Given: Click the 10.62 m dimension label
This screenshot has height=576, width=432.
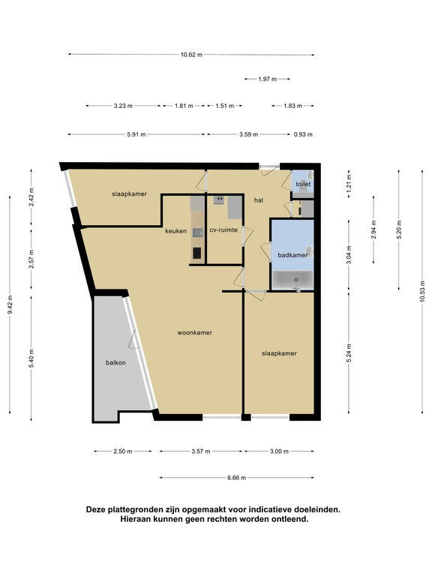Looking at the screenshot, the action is (x=191, y=55).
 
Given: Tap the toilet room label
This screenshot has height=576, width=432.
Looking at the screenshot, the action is (x=303, y=184).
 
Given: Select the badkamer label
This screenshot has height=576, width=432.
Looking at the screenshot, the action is (x=292, y=255).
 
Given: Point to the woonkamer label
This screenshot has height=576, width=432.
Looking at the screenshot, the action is (x=195, y=332).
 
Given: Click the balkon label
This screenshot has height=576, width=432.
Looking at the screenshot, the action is (x=115, y=362).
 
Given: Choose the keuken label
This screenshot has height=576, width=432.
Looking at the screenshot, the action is (x=176, y=231).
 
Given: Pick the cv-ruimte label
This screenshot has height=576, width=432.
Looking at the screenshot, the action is (x=223, y=230).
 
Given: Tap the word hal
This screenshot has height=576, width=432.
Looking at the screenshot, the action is (x=259, y=200).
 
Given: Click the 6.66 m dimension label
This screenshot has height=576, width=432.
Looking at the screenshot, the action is (x=236, y=478).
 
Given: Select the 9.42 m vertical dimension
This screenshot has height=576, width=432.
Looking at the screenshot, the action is (x=10, y=304).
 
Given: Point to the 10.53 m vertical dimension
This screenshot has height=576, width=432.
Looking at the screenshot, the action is (x=422, y=291).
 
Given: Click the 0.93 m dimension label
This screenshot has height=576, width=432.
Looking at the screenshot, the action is (x=303, y=134).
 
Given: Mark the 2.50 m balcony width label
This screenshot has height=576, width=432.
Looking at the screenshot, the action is (x=123, y=451).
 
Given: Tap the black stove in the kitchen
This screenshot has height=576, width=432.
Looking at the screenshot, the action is (x=197, y=253).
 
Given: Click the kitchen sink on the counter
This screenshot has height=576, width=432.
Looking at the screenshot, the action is (x=198, y=232).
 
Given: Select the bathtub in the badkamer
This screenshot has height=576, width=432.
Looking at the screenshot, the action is (x=292, y=280).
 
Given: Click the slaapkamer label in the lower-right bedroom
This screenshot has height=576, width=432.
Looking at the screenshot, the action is (x=279, y=353).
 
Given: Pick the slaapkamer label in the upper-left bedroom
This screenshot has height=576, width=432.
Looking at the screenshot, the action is (x=129, y=194).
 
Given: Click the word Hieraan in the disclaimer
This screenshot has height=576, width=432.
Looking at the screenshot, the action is (x=135, y=519).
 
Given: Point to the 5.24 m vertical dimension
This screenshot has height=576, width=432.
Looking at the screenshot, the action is (x=349, y=353).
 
